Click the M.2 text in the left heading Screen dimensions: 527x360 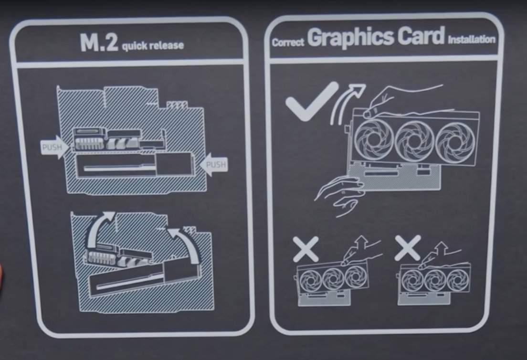point(99,42)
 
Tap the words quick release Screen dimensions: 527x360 point(153,45)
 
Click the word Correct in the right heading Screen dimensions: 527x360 point(288,42)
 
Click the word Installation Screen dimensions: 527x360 point(472,39)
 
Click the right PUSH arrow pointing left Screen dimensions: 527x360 point(214,164)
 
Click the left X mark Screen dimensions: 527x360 point(306,249)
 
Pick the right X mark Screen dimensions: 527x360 point(408,248)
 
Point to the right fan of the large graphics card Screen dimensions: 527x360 point(455,141)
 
